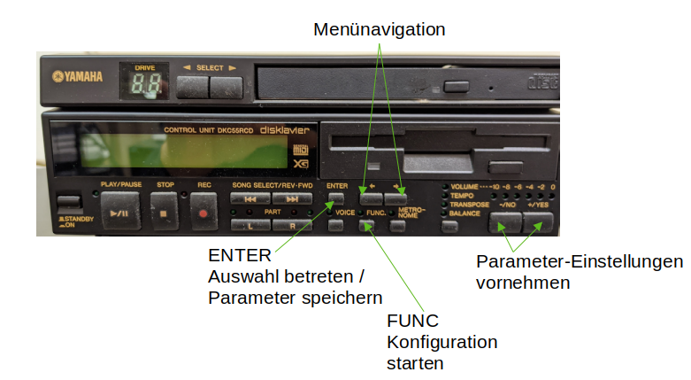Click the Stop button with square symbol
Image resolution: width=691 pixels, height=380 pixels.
click(165, 213)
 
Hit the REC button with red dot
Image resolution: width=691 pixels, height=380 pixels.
click(204, 213)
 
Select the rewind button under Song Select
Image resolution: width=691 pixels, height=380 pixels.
click(250, 199)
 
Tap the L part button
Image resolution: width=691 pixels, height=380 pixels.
click(250, 225)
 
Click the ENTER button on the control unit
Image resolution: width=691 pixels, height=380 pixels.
click(336, 198)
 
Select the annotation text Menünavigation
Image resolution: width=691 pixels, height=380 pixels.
click(380, 29)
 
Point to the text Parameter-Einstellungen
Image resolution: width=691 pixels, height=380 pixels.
click(580, 262)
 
